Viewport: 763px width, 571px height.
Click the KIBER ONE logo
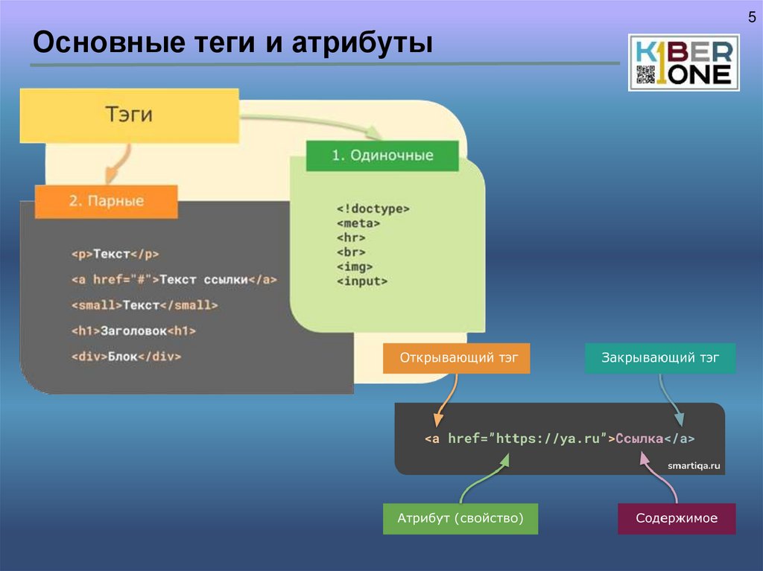click(x=684, y=63)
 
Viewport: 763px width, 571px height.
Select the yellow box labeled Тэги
click(x=129, y=115)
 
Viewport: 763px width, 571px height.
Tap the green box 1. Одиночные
click(x=382, y=156)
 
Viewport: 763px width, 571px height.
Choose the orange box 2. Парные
click(x=107, y=201)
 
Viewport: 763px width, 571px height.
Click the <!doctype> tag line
click(x=373, y=209)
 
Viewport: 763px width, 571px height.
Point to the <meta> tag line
click(x=358, y=223)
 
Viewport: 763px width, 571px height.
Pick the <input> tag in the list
click(x=362, y=281)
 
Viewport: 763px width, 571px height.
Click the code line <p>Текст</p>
click(x=115, y=254)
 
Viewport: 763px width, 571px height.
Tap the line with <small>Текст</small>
click(x=145, y=305)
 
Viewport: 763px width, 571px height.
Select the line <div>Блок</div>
click(x=127, y=357)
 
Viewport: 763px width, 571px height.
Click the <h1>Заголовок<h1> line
click(x=134, y=331)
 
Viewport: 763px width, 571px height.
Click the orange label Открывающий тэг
click(x=456, y=358)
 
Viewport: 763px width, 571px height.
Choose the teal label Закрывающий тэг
click(x=660, y=358)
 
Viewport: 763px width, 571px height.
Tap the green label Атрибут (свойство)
click(x=460, y=518)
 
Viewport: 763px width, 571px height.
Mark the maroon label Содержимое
click(x=677, y=518)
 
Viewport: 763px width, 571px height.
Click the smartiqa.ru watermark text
click(x=694, y=466)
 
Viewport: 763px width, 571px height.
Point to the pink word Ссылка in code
click(x=639, y=438)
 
